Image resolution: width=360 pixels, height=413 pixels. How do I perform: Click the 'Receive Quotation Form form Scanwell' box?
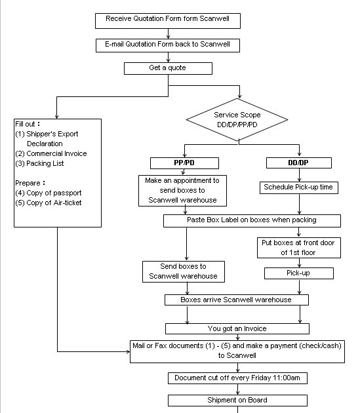tap(168, 20)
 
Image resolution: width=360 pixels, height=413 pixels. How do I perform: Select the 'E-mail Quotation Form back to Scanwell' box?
tap(168, 45)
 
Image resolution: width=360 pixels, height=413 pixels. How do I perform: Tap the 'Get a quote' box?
tap(168, 68)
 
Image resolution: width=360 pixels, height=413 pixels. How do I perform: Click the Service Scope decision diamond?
tap(237, 119)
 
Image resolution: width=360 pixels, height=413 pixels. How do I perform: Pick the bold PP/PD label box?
tap(184, 163)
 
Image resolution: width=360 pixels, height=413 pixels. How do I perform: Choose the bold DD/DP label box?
tap(298, 163)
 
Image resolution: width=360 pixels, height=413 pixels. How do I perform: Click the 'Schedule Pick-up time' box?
tap(298, 187)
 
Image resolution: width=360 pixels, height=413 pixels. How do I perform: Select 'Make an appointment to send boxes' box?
tap(183, 190)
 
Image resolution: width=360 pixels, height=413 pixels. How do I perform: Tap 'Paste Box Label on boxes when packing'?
tap(252, 220)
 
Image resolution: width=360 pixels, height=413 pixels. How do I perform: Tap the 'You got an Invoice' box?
tap(237, 328)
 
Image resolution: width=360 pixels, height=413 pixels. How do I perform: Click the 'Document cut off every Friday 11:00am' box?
tap(237, 378)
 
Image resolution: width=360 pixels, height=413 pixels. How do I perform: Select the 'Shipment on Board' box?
tap(237, 400)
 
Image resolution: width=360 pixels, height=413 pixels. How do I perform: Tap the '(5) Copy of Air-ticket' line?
tap(49, 203)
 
